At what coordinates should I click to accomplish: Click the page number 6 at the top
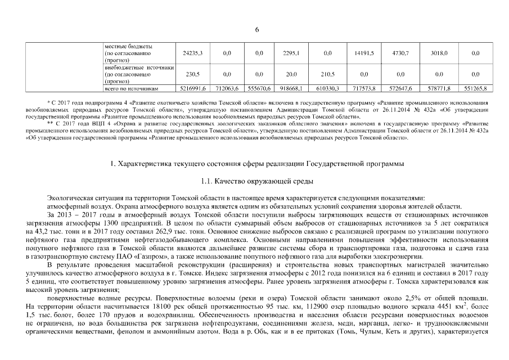pos(256,30)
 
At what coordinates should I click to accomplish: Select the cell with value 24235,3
pos(192,52)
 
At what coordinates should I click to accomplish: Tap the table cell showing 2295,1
pos(291,52)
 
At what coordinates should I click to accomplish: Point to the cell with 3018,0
pos(439,52)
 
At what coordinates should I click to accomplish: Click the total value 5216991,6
pos(192,89)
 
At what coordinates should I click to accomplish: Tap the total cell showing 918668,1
pos(291,89)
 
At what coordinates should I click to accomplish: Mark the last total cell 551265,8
pos(475,89)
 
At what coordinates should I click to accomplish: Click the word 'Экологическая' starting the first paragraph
pos(71,197)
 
